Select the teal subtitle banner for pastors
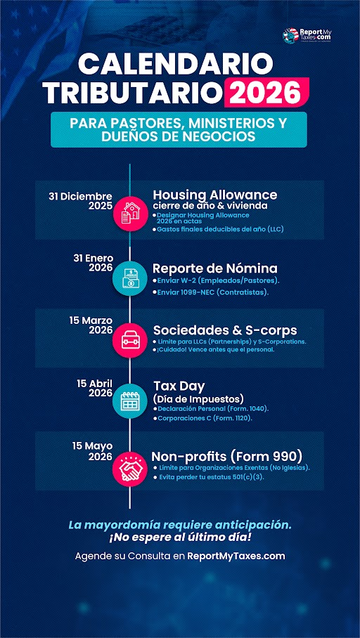[x=179, y=129]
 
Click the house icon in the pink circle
[x=130, y=211]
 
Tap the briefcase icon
[x=130, y=340]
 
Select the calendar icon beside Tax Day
[x=130, y=401]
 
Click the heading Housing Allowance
[x=214, y=195]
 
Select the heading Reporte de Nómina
[x=214, y=268]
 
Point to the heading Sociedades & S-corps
[x=224, y=330]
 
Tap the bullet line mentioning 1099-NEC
[x=213, y=292]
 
